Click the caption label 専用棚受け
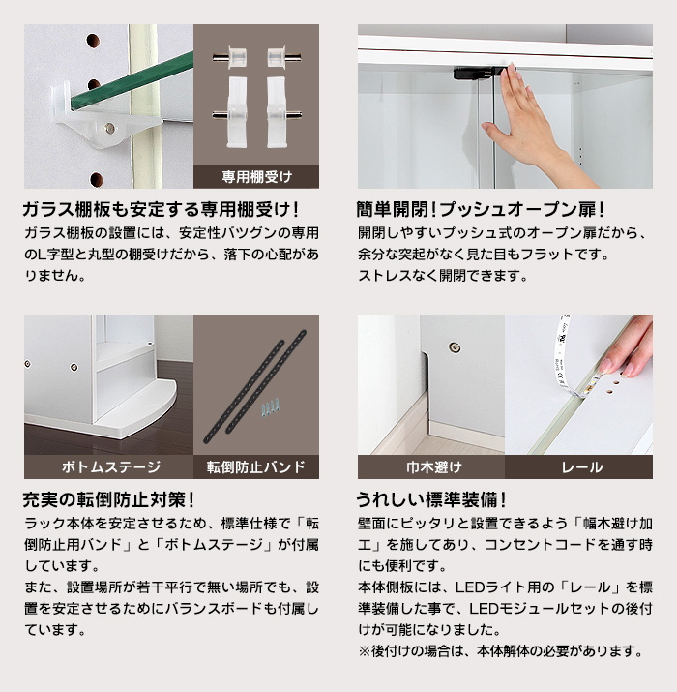coord(256,177)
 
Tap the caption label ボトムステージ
coord(111,466)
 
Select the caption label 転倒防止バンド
coord(256,466)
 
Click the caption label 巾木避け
coord(434,466)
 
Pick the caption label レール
coord(582,466)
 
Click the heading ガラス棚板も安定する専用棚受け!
coord(161,209)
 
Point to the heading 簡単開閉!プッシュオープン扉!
coord(481,209)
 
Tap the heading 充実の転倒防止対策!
coord(108,499)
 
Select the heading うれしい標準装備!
coord(431,499)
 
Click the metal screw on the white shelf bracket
coord(110,129)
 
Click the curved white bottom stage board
coord(136,407)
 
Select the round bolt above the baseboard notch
coord(455,347)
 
